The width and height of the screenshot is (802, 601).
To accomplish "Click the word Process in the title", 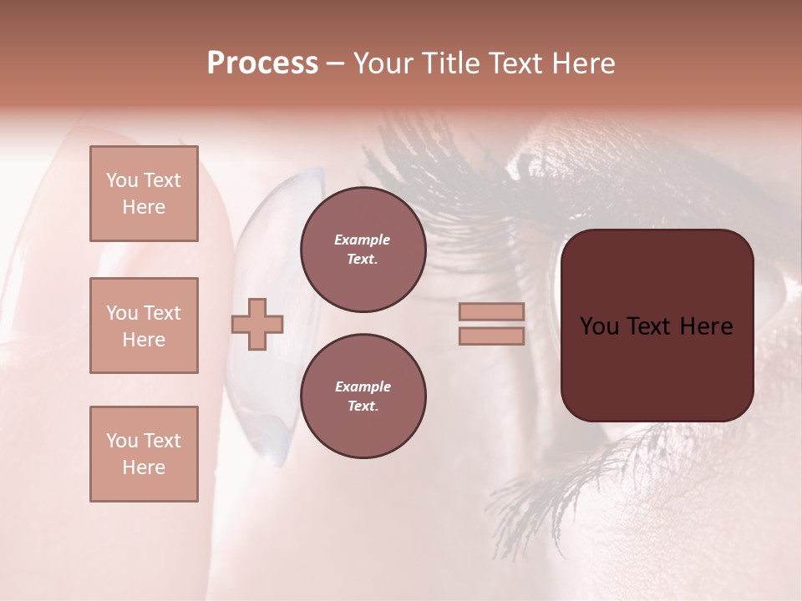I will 262,63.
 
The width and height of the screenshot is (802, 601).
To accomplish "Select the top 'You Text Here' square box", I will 144,194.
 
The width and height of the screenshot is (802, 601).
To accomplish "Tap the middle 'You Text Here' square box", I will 144,326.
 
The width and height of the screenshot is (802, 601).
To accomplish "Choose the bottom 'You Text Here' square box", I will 144,454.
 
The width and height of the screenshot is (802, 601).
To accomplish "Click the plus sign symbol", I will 256,324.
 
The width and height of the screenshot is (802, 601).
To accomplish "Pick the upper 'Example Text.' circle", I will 363,250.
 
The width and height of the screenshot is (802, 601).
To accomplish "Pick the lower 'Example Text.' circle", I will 363,396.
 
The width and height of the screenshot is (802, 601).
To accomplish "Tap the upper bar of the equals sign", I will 491,311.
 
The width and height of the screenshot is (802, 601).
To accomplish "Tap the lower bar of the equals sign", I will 491,336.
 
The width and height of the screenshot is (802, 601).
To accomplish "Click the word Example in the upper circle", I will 363,240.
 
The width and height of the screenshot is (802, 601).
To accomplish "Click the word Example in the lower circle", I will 363,386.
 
